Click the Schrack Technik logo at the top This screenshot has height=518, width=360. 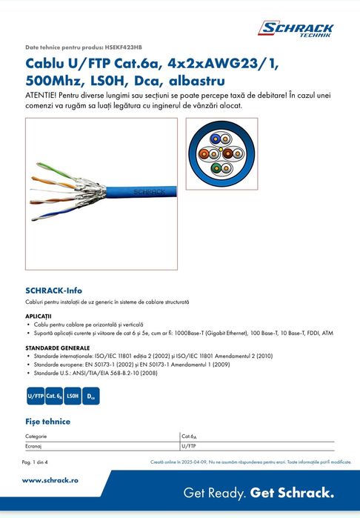[295, 30]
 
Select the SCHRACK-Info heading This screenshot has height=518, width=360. [53, 290]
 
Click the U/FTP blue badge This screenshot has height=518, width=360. [35, 396]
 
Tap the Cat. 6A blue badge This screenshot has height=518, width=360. [54, 396]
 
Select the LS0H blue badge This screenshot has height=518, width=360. [73, 396]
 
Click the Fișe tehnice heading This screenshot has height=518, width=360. [47, 422]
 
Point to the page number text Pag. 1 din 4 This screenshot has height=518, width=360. [35, 462]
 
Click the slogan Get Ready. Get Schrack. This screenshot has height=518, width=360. [259, 493]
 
